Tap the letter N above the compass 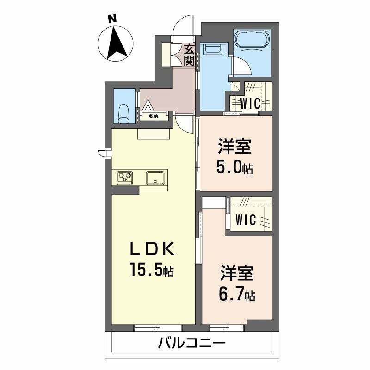click(x=113, y=18)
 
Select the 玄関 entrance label click(x=189, y=55)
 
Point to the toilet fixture click(x=123, y=114)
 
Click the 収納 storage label click(x=154, y=116)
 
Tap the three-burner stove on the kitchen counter click(x=125, y=178)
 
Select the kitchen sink click(x=155, y=178)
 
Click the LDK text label click(x=153, y=249)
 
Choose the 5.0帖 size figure click(x=235, y=167)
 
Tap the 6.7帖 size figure click(x=237, y=294)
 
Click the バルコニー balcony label click(x=191, y=343)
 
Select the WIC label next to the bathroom click(x=250, y=103)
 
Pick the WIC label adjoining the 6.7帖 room click(x=246, y=220)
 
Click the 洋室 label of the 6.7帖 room click(x=237, y=273)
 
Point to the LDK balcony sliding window click(x=158, y=327)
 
